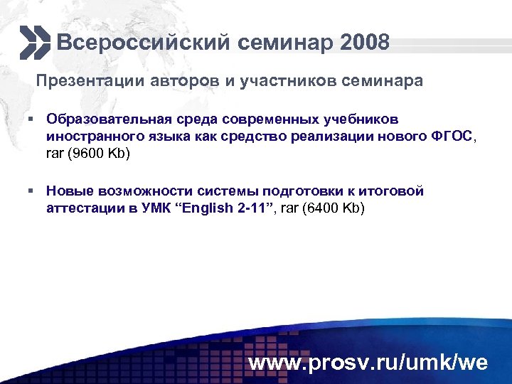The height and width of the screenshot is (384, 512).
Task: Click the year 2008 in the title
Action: pyautogui.click(x=365, y=43)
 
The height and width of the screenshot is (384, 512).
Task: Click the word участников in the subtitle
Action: pyautogui.click(x=284, y=81)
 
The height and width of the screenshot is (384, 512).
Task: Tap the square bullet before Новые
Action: pyautogui.click(x=32, y=191)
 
